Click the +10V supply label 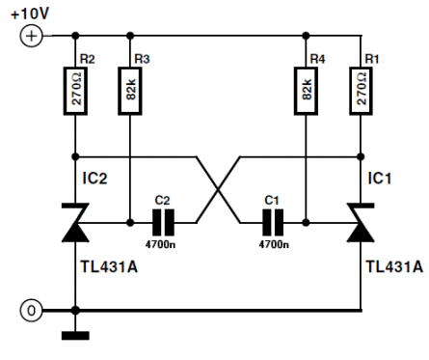point(30,14)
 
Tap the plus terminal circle point(31,36)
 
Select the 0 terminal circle point(31,311)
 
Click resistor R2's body point(75,91)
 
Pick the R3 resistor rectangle point(130,91)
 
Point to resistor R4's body point(306,91)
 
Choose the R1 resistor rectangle point(361,91)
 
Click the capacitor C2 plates point(163,222)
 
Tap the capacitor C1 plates point(273,222)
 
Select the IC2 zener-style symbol point(75,222)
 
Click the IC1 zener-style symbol point(361,222)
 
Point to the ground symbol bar point(75,336)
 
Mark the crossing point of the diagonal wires point(218,190)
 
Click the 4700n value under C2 point(160,244)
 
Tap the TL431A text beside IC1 point(394,266)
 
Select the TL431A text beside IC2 point(109,266)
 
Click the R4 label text point(317,59)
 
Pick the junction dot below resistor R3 point(130,222)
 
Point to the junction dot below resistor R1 point(361,157)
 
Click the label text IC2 point(94,179)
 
